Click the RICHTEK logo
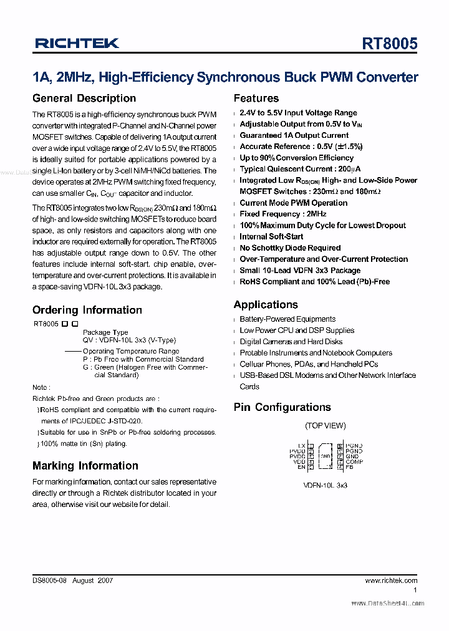[77, 44]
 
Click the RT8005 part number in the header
[390, 44]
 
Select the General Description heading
[84, 99]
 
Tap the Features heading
[256, 99]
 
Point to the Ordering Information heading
[87, 310]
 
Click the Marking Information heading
[85, 466]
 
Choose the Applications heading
[266, 305]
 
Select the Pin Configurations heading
[282, 407]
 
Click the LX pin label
[302, 445]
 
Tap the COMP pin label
[354, 461]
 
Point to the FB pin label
[350, 466]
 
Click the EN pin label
[302, 466]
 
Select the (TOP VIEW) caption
[325, 426]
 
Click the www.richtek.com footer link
[391, 580]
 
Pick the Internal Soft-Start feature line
[271, 236]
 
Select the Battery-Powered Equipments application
[287, 319]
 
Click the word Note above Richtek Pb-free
[41, 387]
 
